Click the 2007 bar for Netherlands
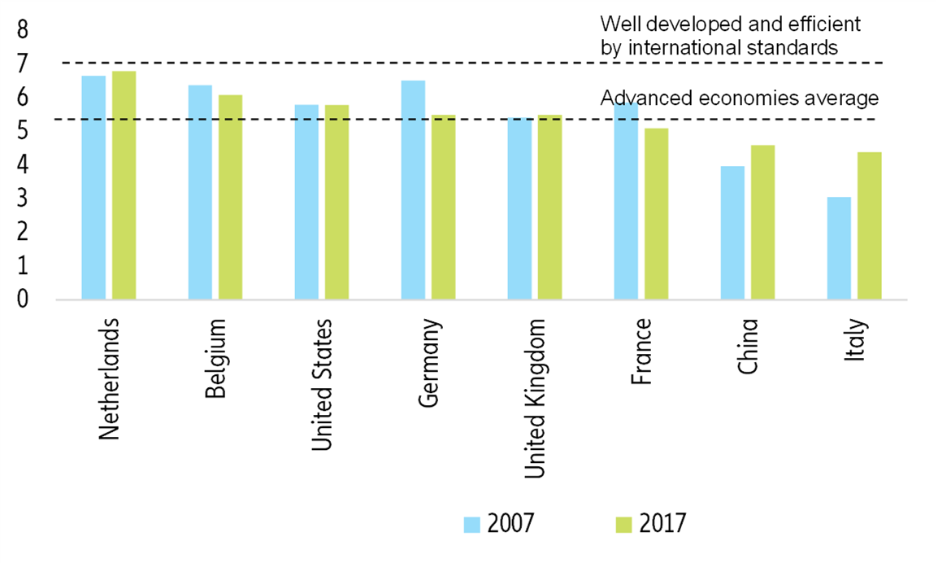pos(93,188)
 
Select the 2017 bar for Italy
pos(869,225)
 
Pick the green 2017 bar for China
pos(762,222)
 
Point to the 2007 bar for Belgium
pos(200,192)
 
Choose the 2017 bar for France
pos(656,214)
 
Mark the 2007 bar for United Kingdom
pos(519,208)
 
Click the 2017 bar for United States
pos(337,202)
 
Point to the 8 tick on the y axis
pos(22,30)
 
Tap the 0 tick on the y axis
pos(22,299)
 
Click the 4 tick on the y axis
pos(22,165)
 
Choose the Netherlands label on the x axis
pos(110,378)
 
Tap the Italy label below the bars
pos(856,341)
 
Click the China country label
pos(749,346)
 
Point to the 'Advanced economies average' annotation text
pos(739,98)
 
